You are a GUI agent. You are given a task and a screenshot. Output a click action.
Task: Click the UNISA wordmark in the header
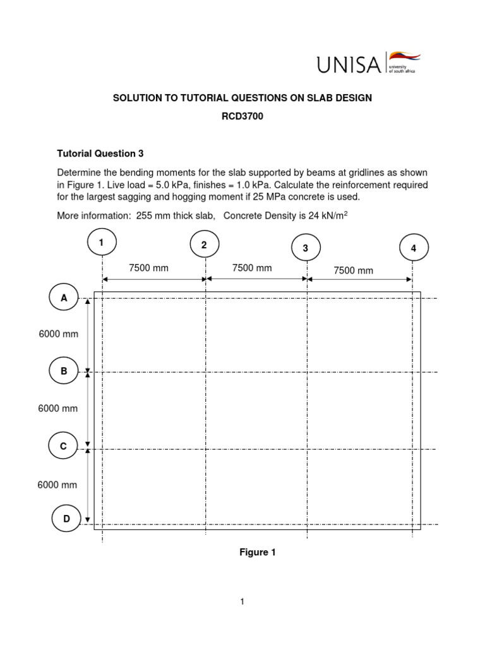click(348, 64)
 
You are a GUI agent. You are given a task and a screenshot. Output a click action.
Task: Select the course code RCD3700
click(242, 117)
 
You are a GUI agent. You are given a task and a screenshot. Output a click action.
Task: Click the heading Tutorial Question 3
click(96, 154)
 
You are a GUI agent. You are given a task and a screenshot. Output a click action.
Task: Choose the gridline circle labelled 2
click(205, 245)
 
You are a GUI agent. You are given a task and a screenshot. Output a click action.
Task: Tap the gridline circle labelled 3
click(306, 248)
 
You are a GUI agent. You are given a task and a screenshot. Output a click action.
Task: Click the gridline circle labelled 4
click(414, 248)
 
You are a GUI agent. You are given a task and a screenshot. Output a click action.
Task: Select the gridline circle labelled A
click(64, 298)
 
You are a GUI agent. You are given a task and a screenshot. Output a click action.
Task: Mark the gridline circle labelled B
click(64, 372)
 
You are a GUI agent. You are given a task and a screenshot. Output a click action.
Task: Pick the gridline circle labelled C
click(63, 446)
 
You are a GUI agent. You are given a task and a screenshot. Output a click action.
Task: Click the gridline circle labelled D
click(66, 519)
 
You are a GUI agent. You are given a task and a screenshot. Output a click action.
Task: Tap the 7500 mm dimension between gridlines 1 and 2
click(149, 268)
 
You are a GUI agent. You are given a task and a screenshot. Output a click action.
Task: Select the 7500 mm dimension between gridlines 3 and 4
click(354, 270)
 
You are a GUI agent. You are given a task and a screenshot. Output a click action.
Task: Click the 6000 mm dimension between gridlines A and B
click(59, 334)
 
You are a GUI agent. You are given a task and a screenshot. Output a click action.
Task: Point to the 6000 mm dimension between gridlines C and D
click(57, 485)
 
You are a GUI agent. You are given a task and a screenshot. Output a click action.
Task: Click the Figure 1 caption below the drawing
click(257, 552)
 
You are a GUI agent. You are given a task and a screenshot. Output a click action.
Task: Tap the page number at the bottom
click(242, 602)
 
